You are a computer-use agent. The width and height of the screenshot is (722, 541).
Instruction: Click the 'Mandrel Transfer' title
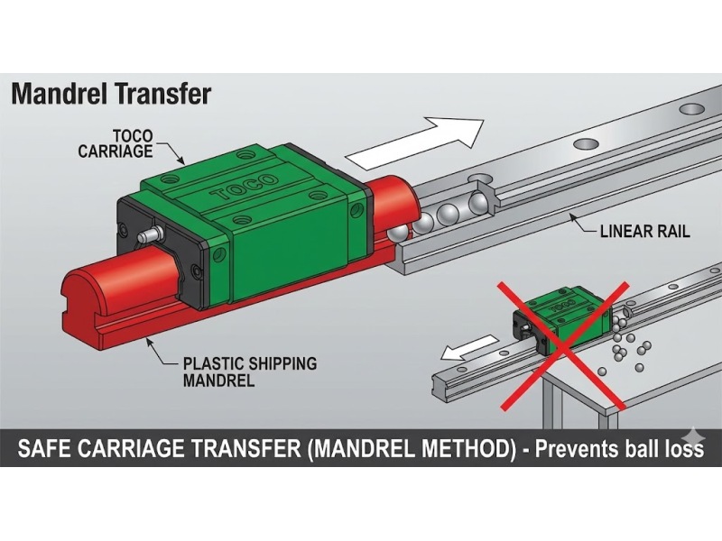pyautogui.click(x=111, y=94)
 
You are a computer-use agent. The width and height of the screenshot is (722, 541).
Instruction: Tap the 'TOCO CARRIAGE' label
pyautogui.click(x=116, y=143)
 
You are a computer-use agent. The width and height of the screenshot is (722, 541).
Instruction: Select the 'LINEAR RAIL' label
pyautogui.click(x=644, y=231)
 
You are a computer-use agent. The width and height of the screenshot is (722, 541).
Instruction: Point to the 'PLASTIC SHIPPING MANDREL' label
pyautogui.click(x=250, y=371)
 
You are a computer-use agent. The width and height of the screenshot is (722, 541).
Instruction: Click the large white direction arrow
pyautogui.click(x=414, y=142)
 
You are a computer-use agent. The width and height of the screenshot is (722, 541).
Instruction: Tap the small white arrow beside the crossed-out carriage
pyautogui.click(x=468, y=347)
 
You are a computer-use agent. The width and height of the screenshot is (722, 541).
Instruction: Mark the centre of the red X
pyautogui.click(x=563, y=346)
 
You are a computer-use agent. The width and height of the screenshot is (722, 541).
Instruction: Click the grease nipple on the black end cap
pyautogui.click(x=149, y=234)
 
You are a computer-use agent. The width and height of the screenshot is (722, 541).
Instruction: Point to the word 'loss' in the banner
pyautogui.click(x=684, y=448)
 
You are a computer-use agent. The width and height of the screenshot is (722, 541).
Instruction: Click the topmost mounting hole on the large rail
pyautogui.click(x=693, y=108)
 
